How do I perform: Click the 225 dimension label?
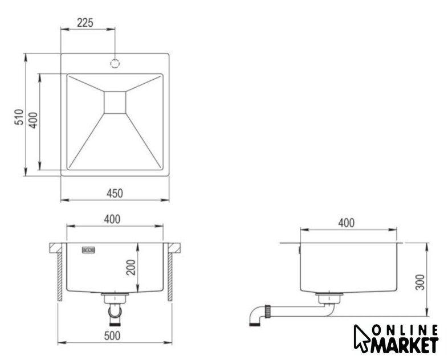click(x=85, y=23)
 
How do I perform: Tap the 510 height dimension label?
click(x=19, y=117)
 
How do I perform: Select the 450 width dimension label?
click(x=115, y=193)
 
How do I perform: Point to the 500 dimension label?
click(x=112, y=336)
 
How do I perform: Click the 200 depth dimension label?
click(x=131, y=267)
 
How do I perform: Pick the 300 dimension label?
click(x=420, y=282)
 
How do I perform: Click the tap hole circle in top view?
click(x=115, y=63)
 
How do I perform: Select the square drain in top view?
click(x=115, y=103)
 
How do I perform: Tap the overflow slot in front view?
click(x=88, y=250)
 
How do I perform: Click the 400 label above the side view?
click(x=347, y=223)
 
